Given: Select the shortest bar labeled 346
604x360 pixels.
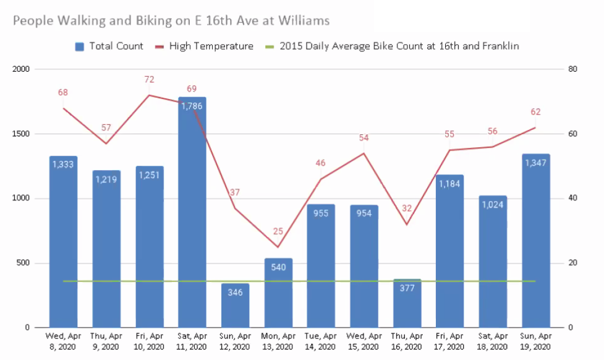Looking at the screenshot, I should pyautogui.click(x=235, y=306).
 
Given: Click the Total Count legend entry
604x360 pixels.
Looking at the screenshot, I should pyautogui.click(x=109, y=46).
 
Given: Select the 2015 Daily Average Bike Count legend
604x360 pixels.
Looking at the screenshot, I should pyautogui.click(x=389, y=46).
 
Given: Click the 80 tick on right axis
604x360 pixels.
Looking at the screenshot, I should pyautogui.click(x=572, y=69).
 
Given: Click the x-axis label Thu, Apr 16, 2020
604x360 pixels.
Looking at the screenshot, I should pyautogui.click(x=407, y=341).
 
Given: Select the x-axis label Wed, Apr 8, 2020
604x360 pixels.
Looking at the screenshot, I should pyautogui.click(x=63, y=341).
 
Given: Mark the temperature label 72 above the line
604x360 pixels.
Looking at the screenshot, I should pyautogui.click(x=149, y=79).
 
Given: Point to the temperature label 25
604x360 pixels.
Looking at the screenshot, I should pyautogui.click(x=278, y=231).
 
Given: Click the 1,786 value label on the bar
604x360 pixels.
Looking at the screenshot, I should pyautogui.click(x=192, y=106).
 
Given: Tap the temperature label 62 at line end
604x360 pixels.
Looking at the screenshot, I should pyautogui.click(x=535, y=112).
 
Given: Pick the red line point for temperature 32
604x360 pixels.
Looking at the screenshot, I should pyautogui.click(x=407, y=224).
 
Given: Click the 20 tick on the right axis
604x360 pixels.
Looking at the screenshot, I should pyautogui.click(x=572, y=264).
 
